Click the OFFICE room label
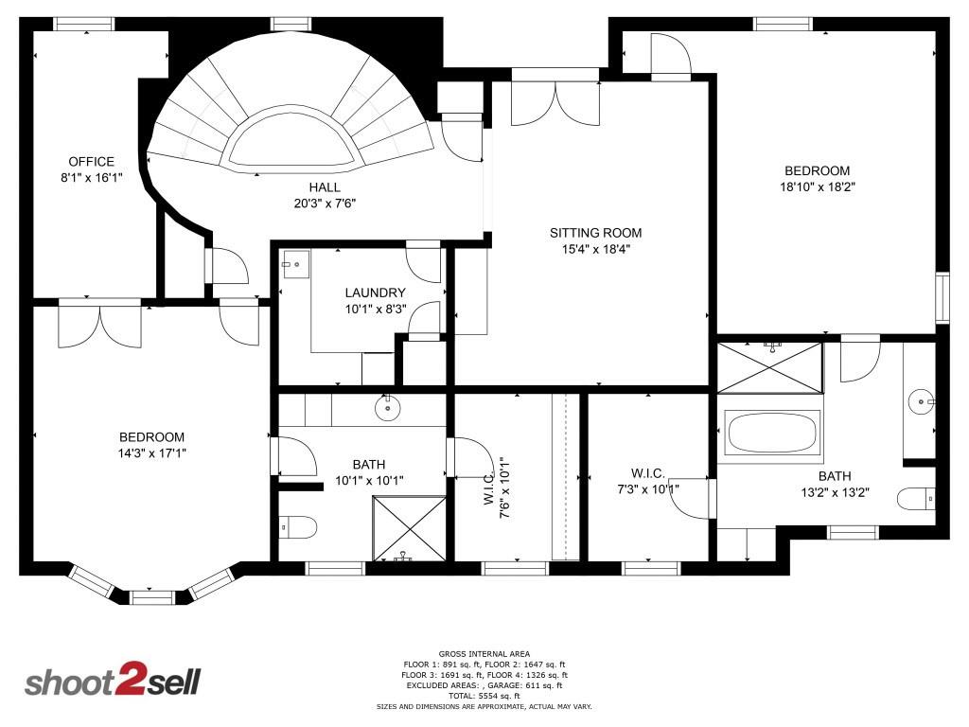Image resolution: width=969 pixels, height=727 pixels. click(91, 162)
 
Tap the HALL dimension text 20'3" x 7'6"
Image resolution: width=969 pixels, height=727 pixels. click(324, 203)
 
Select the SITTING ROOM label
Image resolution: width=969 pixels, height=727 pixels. click(596, 233)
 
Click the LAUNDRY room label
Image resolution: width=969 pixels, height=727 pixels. click(375, 293)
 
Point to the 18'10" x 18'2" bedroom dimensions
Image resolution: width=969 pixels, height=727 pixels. click(817, 186)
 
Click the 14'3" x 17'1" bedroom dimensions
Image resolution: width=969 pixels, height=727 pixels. click(151, 452)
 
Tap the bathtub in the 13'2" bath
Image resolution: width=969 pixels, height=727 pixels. click(771, 433)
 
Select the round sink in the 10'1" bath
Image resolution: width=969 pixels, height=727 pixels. click(388, 409)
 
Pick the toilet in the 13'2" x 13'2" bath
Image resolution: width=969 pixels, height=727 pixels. click(916, 498)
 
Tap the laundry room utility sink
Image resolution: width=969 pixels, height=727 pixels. click(295, 263)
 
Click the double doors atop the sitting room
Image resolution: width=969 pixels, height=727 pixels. click(555, 102)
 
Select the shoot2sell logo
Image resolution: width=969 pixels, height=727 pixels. click(112, 682)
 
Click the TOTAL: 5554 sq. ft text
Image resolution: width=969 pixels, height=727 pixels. click(484, 695)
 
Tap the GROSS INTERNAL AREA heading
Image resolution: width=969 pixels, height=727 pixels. click(484, 653)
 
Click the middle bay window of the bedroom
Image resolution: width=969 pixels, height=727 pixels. click(151, 597)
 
